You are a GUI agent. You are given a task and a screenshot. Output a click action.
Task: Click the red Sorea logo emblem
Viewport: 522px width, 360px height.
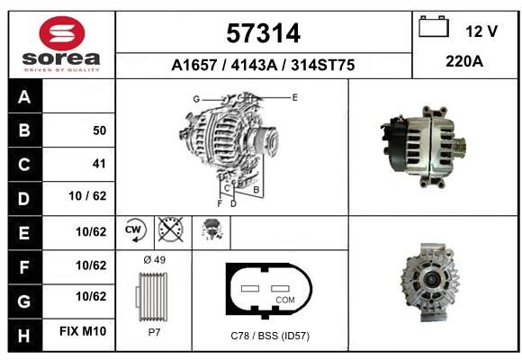point(62,33)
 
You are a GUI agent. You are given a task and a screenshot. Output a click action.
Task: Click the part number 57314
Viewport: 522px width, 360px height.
point(264,33)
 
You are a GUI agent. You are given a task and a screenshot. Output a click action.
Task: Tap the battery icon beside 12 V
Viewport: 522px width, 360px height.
point(434,26)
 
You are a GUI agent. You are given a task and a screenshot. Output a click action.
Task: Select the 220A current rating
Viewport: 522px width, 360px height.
point(464,61)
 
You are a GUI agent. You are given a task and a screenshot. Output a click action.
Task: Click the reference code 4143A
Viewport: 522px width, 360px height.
point(254,65)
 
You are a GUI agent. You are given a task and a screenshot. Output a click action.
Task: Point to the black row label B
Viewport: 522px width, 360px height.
point(25,130)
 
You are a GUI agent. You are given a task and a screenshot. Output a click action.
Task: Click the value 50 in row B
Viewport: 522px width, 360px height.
point(100,130)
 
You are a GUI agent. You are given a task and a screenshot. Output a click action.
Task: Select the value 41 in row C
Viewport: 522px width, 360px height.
point(99,164)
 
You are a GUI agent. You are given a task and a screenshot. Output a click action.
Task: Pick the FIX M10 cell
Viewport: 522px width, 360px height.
point(83,331)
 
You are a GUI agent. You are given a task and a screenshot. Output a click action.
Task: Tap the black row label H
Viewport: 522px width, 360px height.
point(24,335)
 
